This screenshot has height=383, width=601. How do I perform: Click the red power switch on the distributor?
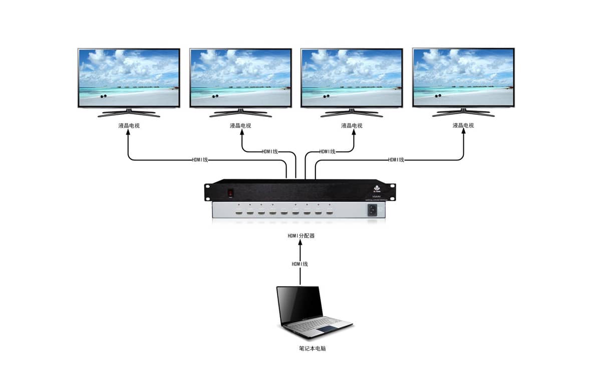tap(231, 192)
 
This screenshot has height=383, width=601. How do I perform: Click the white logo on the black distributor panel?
tap(377, 188)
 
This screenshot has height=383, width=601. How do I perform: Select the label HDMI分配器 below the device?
tap(300, 236)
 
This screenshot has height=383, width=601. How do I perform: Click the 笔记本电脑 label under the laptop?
tap(309, 348)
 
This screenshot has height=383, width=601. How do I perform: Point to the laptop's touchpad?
tap(326, 328)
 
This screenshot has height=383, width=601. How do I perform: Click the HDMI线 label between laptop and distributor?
tap(300, 264)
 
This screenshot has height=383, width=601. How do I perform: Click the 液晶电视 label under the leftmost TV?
tap(129, 125)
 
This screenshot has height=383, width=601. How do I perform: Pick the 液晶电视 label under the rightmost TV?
tap(463, 125)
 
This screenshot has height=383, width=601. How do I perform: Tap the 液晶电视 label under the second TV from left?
tap(240, 125)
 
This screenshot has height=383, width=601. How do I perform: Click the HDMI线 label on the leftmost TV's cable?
tap(200, 160)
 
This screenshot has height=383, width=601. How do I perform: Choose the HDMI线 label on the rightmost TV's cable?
tap(396, 160)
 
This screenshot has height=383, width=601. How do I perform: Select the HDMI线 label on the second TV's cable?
tap(270, 151)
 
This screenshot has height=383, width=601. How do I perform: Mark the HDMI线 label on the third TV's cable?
tap(327, 151)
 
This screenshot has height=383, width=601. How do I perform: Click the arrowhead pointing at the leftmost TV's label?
tap(129, 134)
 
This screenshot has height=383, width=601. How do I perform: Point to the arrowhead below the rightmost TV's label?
tap(463, 134)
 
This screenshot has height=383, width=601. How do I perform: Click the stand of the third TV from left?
tap(352, 113)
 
